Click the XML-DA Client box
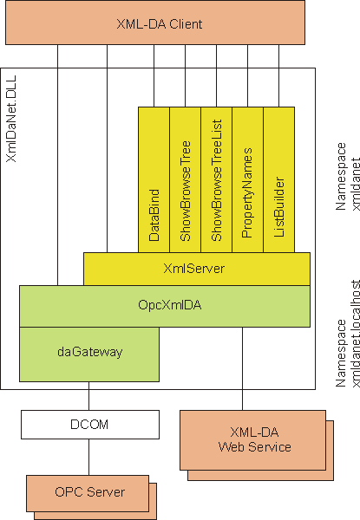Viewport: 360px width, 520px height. coord(155,23)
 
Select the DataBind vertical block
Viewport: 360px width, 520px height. coord(154,179)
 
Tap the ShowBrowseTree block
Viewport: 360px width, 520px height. coord(185,179)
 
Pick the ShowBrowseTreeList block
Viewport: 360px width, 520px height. coord(216,179)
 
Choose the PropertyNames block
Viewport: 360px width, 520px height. coord(247,179)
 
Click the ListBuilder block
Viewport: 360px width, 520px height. coord(278,179)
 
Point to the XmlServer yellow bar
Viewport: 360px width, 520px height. coord(197,269)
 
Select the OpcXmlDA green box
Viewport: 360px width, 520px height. coord(165,306)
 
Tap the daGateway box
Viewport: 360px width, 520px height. coord(89,354)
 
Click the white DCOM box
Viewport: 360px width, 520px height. coord(90,425)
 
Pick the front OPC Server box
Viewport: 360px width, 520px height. coord(88,493)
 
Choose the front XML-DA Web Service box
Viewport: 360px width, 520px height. coord(252,440)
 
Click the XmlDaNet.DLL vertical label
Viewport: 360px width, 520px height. coord(11,119)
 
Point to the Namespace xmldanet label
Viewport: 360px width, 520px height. coord(347,177)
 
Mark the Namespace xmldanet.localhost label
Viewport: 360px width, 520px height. coord(347,334)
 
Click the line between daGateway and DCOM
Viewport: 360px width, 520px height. coord(89,396)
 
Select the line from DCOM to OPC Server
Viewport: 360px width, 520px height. coord(89,457)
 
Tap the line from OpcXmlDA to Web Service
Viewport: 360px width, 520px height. coord(242,369)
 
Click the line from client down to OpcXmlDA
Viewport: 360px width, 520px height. coord(58,165)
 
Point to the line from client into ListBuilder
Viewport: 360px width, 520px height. coord(278,75)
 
